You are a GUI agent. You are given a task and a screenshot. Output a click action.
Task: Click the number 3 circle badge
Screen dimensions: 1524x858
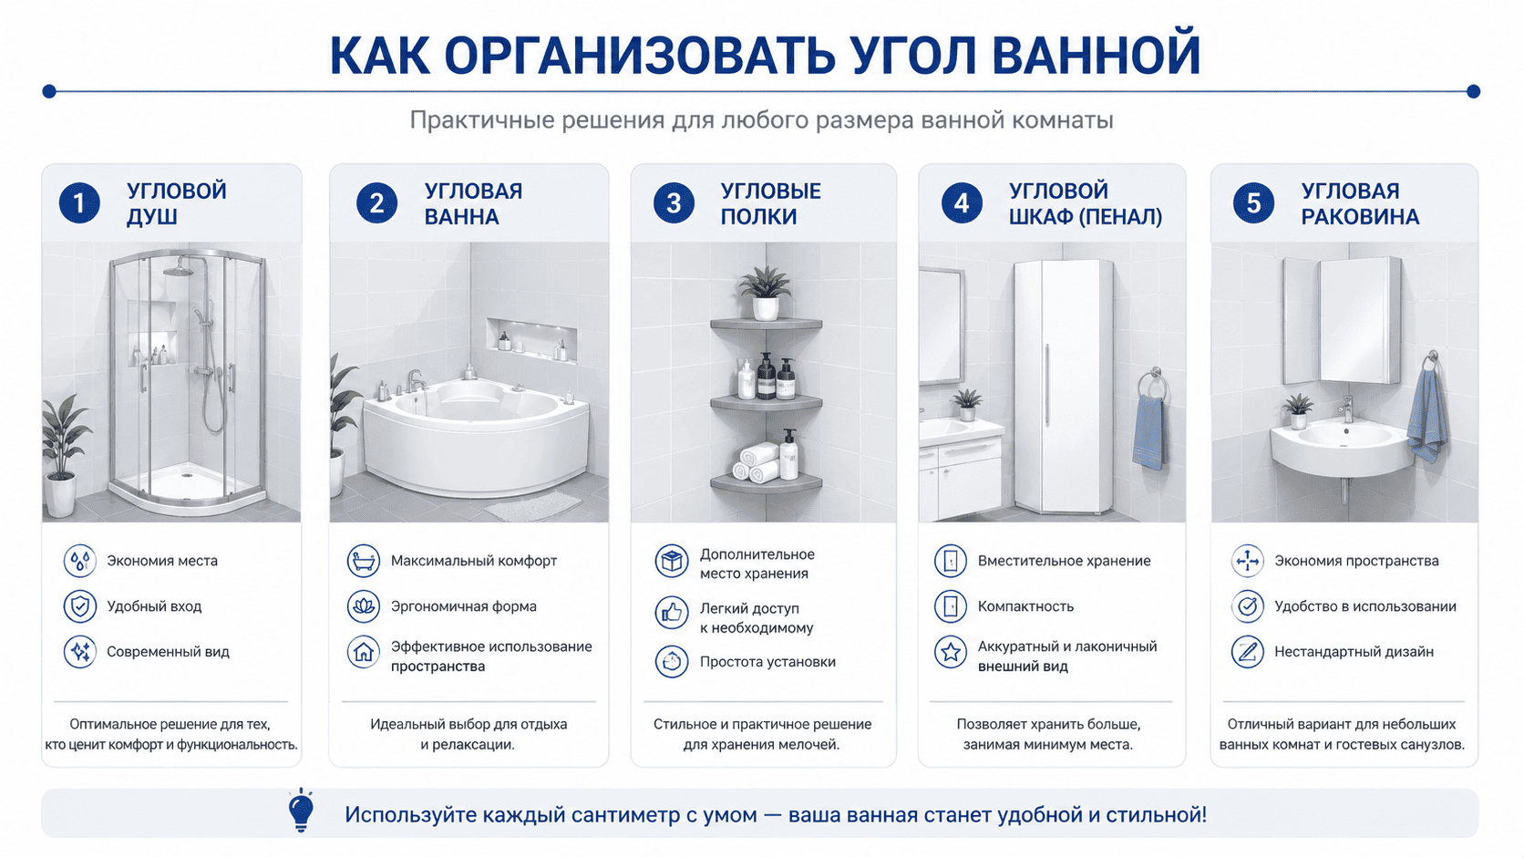pyautogui.click(x=674, y=202)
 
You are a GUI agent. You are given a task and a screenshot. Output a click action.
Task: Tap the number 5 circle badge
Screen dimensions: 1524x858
pyautogui.click(x=1253, y=202)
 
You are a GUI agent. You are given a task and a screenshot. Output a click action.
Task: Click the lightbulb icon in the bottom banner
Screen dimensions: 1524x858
pyautogui.click(x=301, y=811)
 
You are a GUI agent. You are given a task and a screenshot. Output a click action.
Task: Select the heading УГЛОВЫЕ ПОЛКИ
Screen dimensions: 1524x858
pyautogui.click(x=771, y=203)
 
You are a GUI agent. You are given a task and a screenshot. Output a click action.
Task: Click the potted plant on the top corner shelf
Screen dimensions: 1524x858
pyautogui.click(x=766, y=294)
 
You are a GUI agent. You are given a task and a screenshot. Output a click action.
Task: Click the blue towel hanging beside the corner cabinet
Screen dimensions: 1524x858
pyautogui.click(x=1149, y=431)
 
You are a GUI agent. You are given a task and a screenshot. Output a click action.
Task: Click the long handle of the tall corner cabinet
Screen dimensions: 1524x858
pyautogui.click(x=1047, y=385)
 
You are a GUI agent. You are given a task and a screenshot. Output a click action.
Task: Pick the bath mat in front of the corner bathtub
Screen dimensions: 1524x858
pyautogui.click(x=532, y=506)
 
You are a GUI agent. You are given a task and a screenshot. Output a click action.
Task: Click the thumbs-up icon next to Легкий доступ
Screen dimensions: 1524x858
pyautogui.click(x=672, y=613)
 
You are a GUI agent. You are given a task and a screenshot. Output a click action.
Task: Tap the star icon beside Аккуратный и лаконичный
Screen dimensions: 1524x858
pyautogui.click(x=951, y=652)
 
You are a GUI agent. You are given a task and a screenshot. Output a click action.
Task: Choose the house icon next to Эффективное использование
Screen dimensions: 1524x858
pyautogui.click(x=364, y=652)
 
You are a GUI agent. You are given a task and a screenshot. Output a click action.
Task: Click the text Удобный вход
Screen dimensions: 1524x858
pyautogui.click(x=154, y=606)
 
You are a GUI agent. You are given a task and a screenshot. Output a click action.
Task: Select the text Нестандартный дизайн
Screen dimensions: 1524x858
pyautogui.click(x=1354, y=652)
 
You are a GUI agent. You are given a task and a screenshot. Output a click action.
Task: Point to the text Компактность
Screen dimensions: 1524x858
pyautogui.click(x=1025, y=606)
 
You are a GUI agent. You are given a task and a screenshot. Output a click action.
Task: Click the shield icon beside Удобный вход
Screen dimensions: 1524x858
pyautogui.click(x=79, y=606)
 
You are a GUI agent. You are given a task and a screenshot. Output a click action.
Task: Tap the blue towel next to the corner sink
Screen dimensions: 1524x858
pyautogui.click(x=1427, y=414)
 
